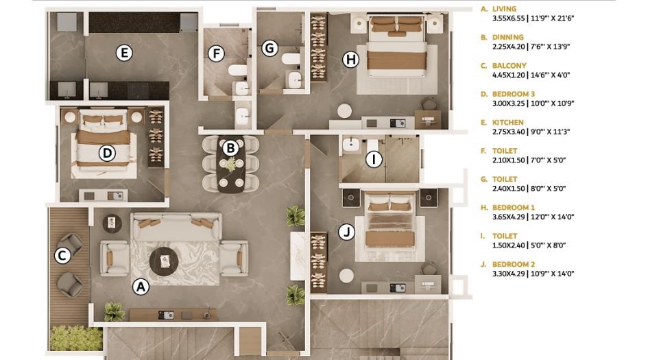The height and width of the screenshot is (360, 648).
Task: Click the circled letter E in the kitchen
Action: tap(123, 53)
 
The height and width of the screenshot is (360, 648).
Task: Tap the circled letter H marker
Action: tap(351, 60)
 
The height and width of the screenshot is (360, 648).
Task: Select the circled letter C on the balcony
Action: tap(62, 256)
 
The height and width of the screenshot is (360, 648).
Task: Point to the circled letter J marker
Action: tap(347, 232)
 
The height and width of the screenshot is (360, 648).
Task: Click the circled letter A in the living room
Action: tap(141, 287)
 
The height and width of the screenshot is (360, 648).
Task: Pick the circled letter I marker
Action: tap(374, 160)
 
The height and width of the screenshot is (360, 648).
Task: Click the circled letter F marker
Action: tap(216, 53)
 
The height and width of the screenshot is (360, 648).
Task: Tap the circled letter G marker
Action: tap(270, 48)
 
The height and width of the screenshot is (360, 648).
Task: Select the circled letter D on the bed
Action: tap(106, 152)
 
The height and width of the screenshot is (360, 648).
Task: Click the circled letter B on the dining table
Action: tap(230, 147)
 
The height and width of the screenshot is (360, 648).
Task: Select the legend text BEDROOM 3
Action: tap(513, 95)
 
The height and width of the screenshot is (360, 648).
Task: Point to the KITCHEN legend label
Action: tap(507, 123)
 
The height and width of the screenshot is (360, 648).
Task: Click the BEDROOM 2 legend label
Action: tap(513, 264)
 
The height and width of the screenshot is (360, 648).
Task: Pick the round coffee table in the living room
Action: tap(164, 260)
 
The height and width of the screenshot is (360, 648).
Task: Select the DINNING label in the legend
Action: tap(507, 38)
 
